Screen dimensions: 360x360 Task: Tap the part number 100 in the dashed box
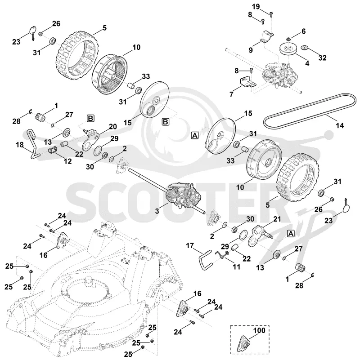259,331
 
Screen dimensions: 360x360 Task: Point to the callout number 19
256,7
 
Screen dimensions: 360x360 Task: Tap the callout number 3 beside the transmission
157,211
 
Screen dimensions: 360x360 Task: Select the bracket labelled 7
248,82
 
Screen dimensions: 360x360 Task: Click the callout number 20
113,127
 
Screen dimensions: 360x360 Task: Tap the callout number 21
277,219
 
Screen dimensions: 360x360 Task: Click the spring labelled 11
222,254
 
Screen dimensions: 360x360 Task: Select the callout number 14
340,125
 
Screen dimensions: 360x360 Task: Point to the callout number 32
323,58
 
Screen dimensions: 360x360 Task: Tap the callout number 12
67,161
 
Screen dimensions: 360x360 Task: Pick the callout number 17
190,246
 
